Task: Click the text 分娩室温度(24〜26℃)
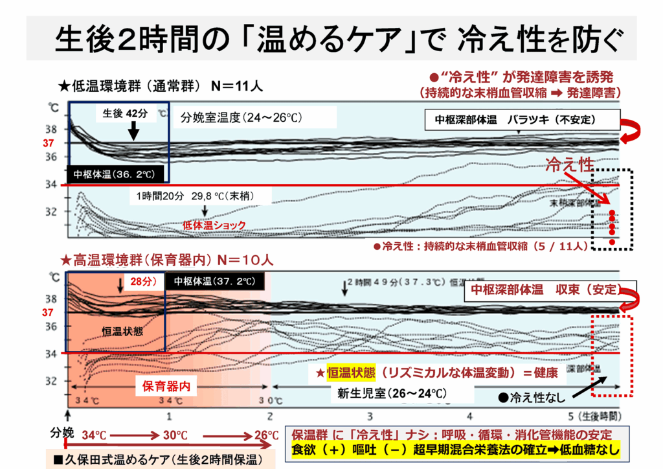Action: (242, 118)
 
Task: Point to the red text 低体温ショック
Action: (214, 225)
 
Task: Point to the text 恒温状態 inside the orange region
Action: (122, 331)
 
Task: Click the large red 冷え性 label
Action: (569, 165)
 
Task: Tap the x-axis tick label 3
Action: (370, 415)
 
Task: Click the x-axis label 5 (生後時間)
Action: (592, 415)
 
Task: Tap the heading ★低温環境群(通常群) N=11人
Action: (161, 85)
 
